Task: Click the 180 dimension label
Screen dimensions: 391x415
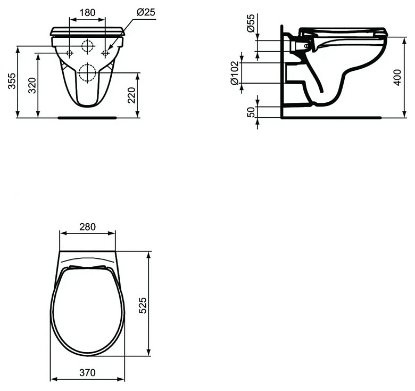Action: pyautogui.click(x=87, y=12)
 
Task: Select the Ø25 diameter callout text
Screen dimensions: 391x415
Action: pyautogui.click(x=145, y=12)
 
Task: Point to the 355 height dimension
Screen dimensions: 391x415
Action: pyautogui.click(x=12, y=81)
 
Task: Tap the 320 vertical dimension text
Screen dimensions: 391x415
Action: pyautogui.click(x=32, y=85)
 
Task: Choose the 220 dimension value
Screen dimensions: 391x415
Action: pyautogui.click(x=131, y=95)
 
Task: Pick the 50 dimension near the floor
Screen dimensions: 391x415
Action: pyautogui.click(x=251, y=112)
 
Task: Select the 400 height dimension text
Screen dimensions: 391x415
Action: pyautogui.click(x=396, y=77)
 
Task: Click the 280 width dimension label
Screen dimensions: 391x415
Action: pyautogui.click(x=87, y=227)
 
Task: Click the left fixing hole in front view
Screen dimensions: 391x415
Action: pyautogui.click(x=70, y=53)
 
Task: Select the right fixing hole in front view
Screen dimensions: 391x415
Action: pyautogui.click(x=105, y=53)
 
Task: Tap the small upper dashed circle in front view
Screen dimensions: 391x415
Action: pyautogui.click(x=87, y=46)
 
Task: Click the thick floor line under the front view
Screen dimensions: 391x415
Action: pyautogui.click(x=87, y=117)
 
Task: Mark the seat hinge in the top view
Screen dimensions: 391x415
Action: pyautogui.click(x=87, y=267)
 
